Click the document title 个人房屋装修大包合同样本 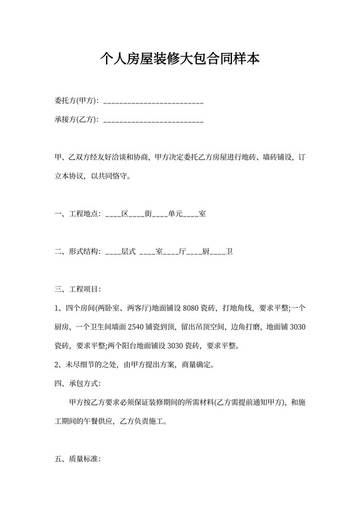(180, 60)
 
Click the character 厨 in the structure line (206, 252)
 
